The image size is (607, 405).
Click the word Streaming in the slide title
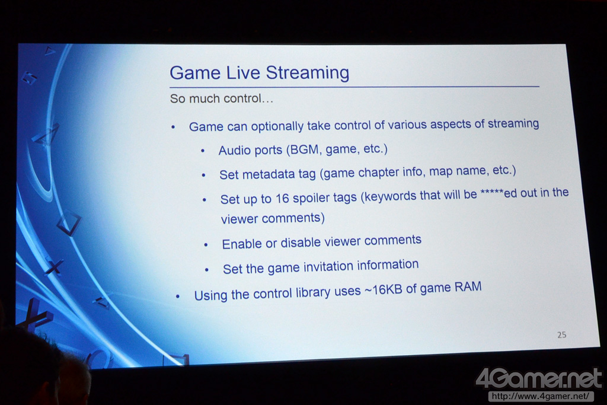tap(308, 72)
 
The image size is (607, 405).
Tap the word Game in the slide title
tap(195, 72)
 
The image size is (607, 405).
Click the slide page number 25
tap(562, 334)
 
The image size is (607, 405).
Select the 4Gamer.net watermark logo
tap(539, 378)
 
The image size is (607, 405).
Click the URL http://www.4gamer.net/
tap(541, 396)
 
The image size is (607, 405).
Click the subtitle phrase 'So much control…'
tap(222, 98)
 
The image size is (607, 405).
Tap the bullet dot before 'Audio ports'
tap(203, 151)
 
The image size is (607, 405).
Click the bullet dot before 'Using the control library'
tap(178, 296)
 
